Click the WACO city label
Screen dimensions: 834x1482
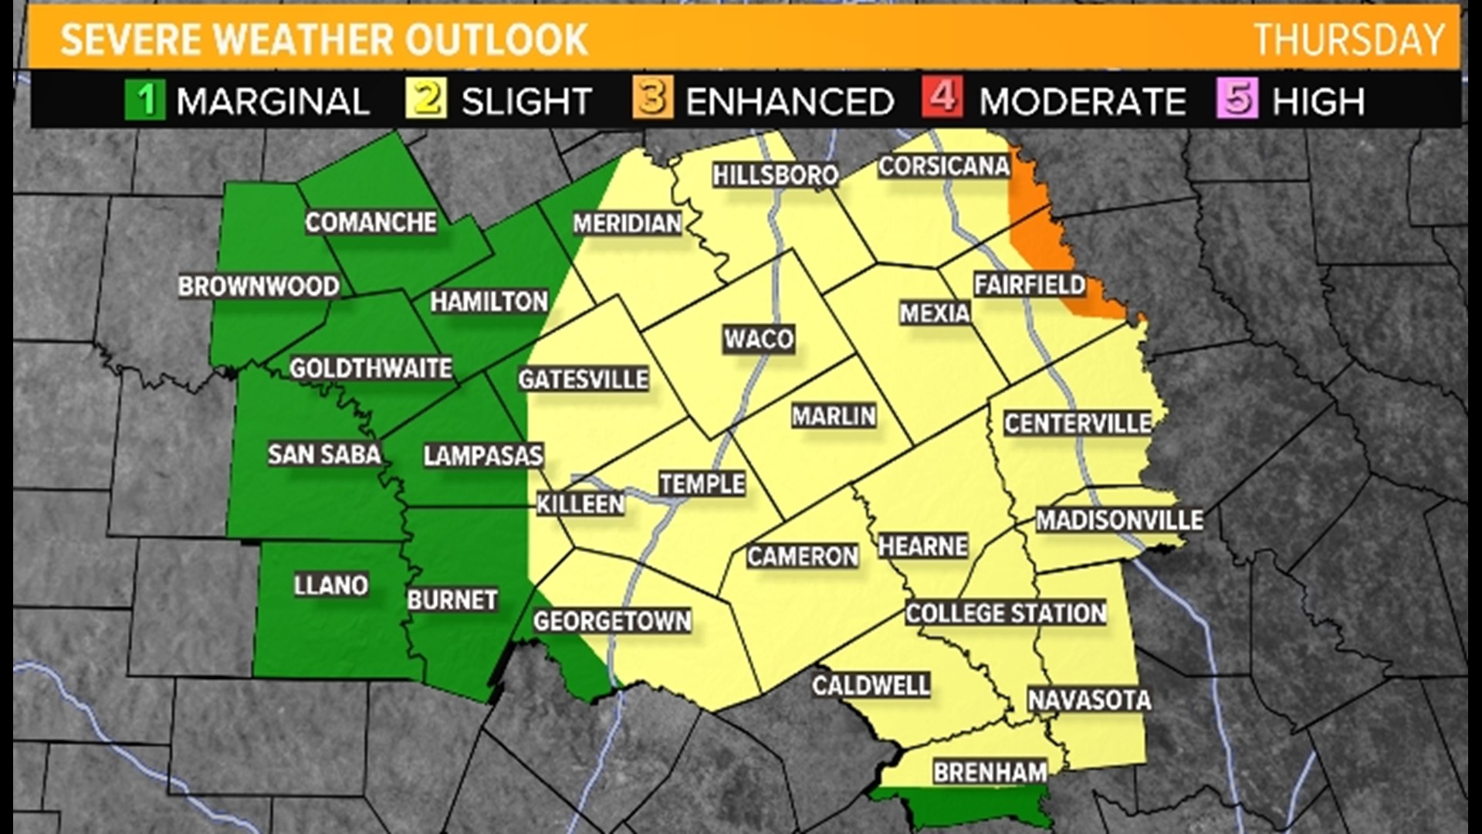[759, 339]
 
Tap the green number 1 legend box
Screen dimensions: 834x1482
[145, 100]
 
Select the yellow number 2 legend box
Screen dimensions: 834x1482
[426, 100]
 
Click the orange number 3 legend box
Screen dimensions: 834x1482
[652, 100]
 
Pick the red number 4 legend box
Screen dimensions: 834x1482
[942, 100]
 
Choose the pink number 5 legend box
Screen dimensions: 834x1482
[1237, 100]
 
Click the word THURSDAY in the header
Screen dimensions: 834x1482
[1348, 39]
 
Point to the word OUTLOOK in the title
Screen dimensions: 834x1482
[497, 39]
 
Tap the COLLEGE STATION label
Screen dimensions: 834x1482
[1006, 613]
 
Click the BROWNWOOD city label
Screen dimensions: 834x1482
[259, 286]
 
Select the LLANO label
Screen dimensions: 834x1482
[331, 585]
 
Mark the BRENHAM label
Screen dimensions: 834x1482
[990, 771]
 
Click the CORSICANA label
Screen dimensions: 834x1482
[944, 166]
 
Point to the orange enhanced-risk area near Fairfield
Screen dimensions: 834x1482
[1038, 232]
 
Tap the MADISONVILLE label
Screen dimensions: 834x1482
[1119, 520]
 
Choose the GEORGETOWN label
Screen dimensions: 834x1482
[612, 621]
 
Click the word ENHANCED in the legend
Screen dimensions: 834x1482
[790, 101]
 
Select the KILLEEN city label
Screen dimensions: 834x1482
[580, 504]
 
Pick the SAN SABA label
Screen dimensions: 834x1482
[324, 454]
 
